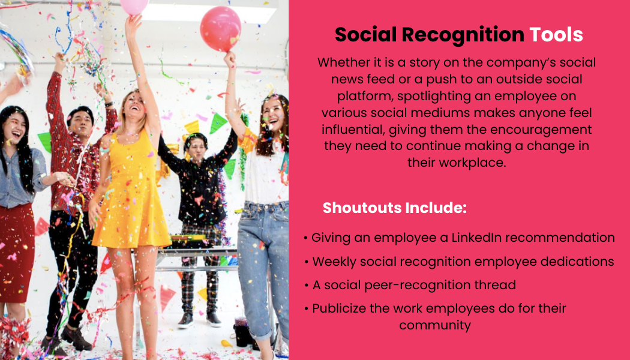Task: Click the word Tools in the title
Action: point(556,35)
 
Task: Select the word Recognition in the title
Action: point(463,35)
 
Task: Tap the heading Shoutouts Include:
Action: point(395,208)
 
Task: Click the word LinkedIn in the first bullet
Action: point(476,238)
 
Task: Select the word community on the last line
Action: point(435,325)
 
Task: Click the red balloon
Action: point(220,29)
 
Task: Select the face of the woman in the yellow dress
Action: point(134,106)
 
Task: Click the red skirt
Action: point(16,253)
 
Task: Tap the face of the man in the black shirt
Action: point(196,149)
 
